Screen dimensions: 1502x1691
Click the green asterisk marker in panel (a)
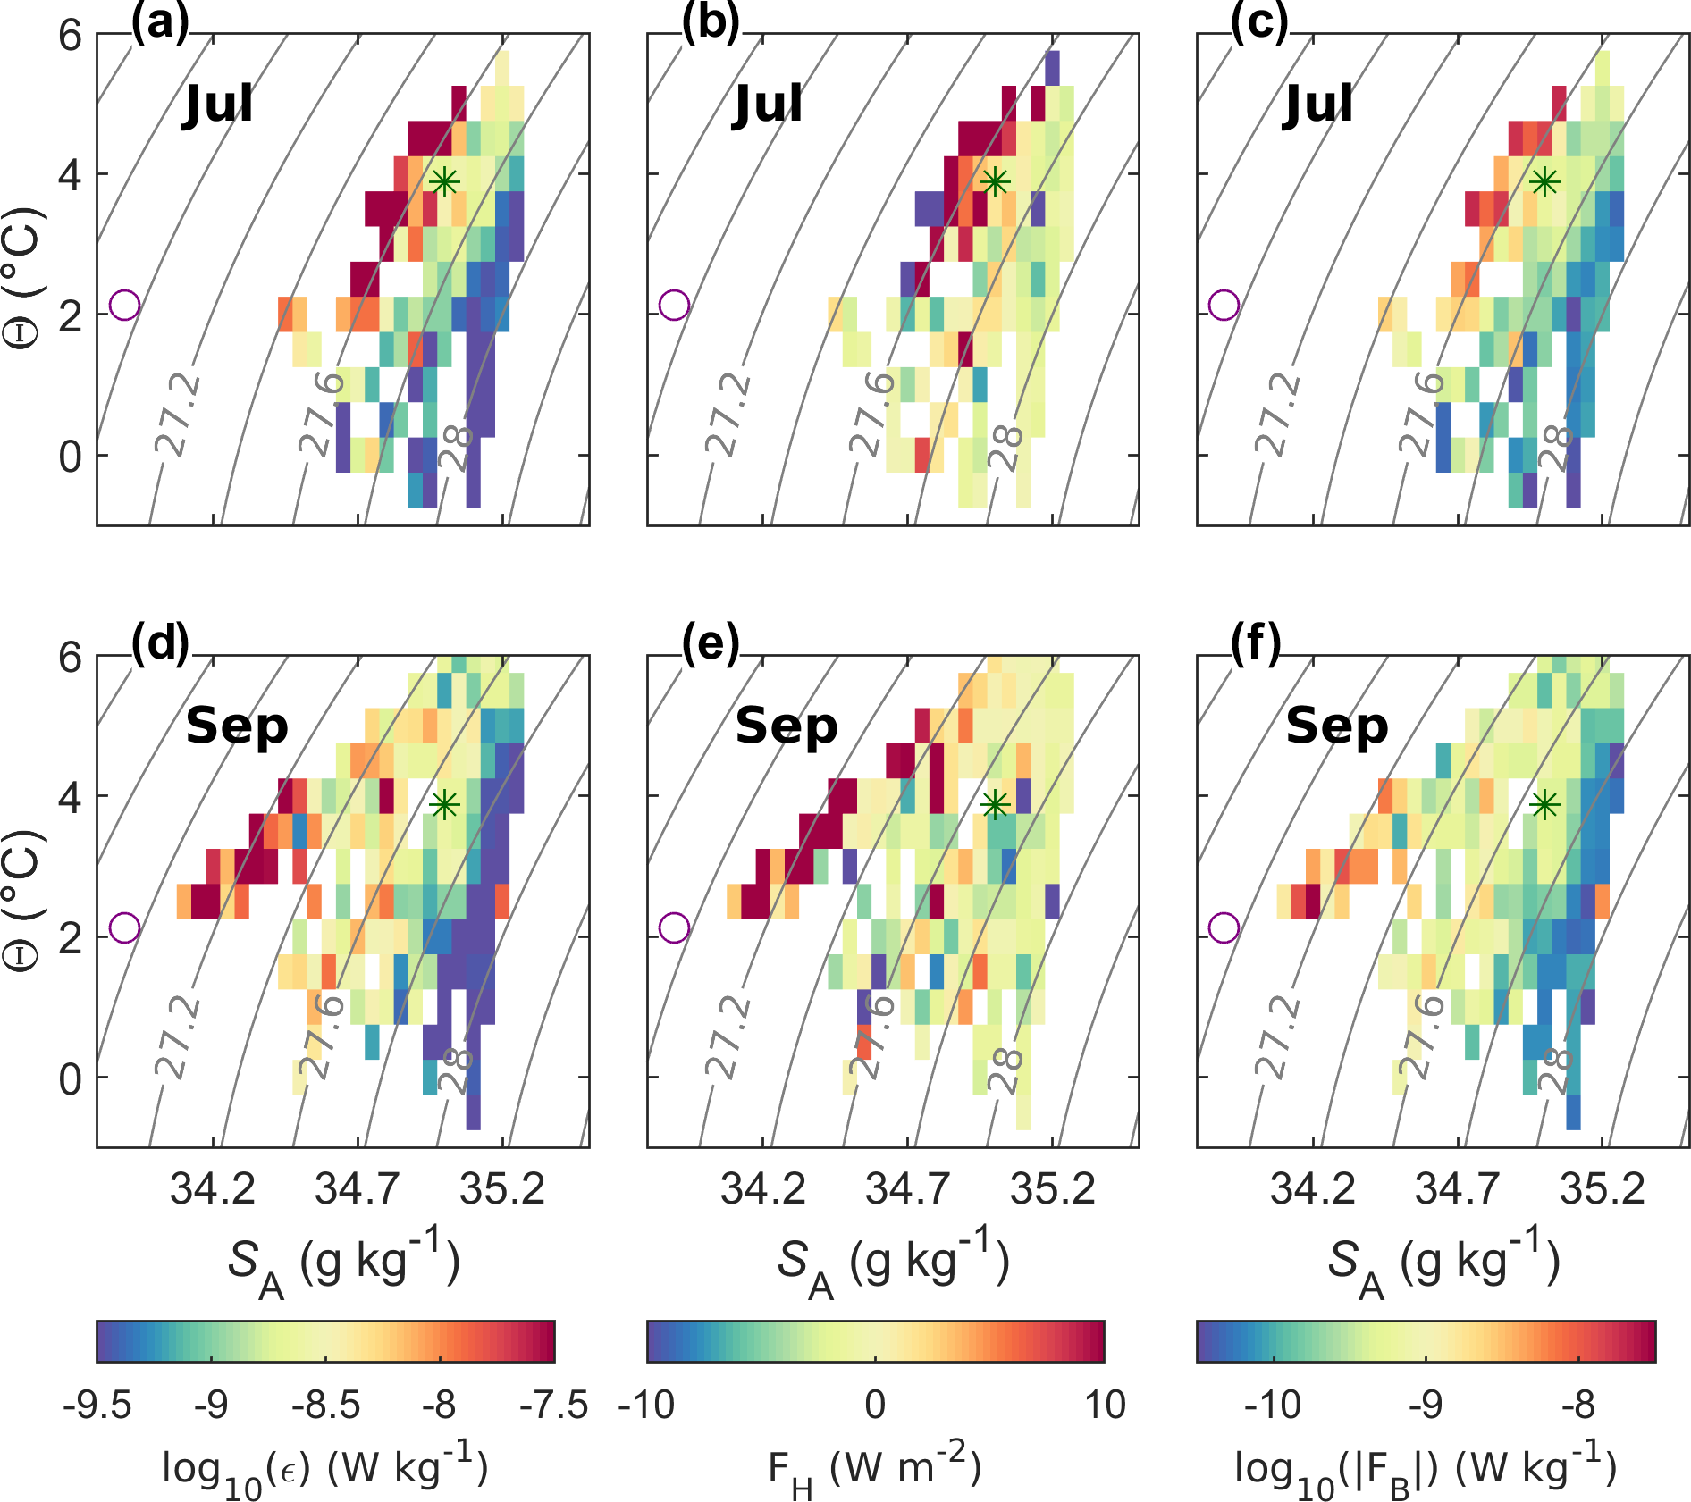point(444,182)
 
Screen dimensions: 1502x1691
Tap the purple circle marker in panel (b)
point(675,305)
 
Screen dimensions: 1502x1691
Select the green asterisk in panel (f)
point(1544,805)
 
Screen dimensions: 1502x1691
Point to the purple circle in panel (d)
point(125,927)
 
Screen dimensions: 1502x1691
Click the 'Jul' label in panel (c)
point(1318,104)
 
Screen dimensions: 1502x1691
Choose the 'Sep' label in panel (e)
point(787,726)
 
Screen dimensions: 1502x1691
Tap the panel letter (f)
point(1257,643)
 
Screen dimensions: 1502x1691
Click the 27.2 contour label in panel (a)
point(179,415)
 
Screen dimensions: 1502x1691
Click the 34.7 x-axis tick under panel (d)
point(358,1189)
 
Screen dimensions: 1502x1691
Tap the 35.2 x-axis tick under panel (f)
point(1603,1189)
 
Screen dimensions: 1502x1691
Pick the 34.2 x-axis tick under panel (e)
point(763,1189)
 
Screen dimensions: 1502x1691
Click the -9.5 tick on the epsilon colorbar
point(97,1406)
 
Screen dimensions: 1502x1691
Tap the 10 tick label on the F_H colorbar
point(1105,1406)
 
